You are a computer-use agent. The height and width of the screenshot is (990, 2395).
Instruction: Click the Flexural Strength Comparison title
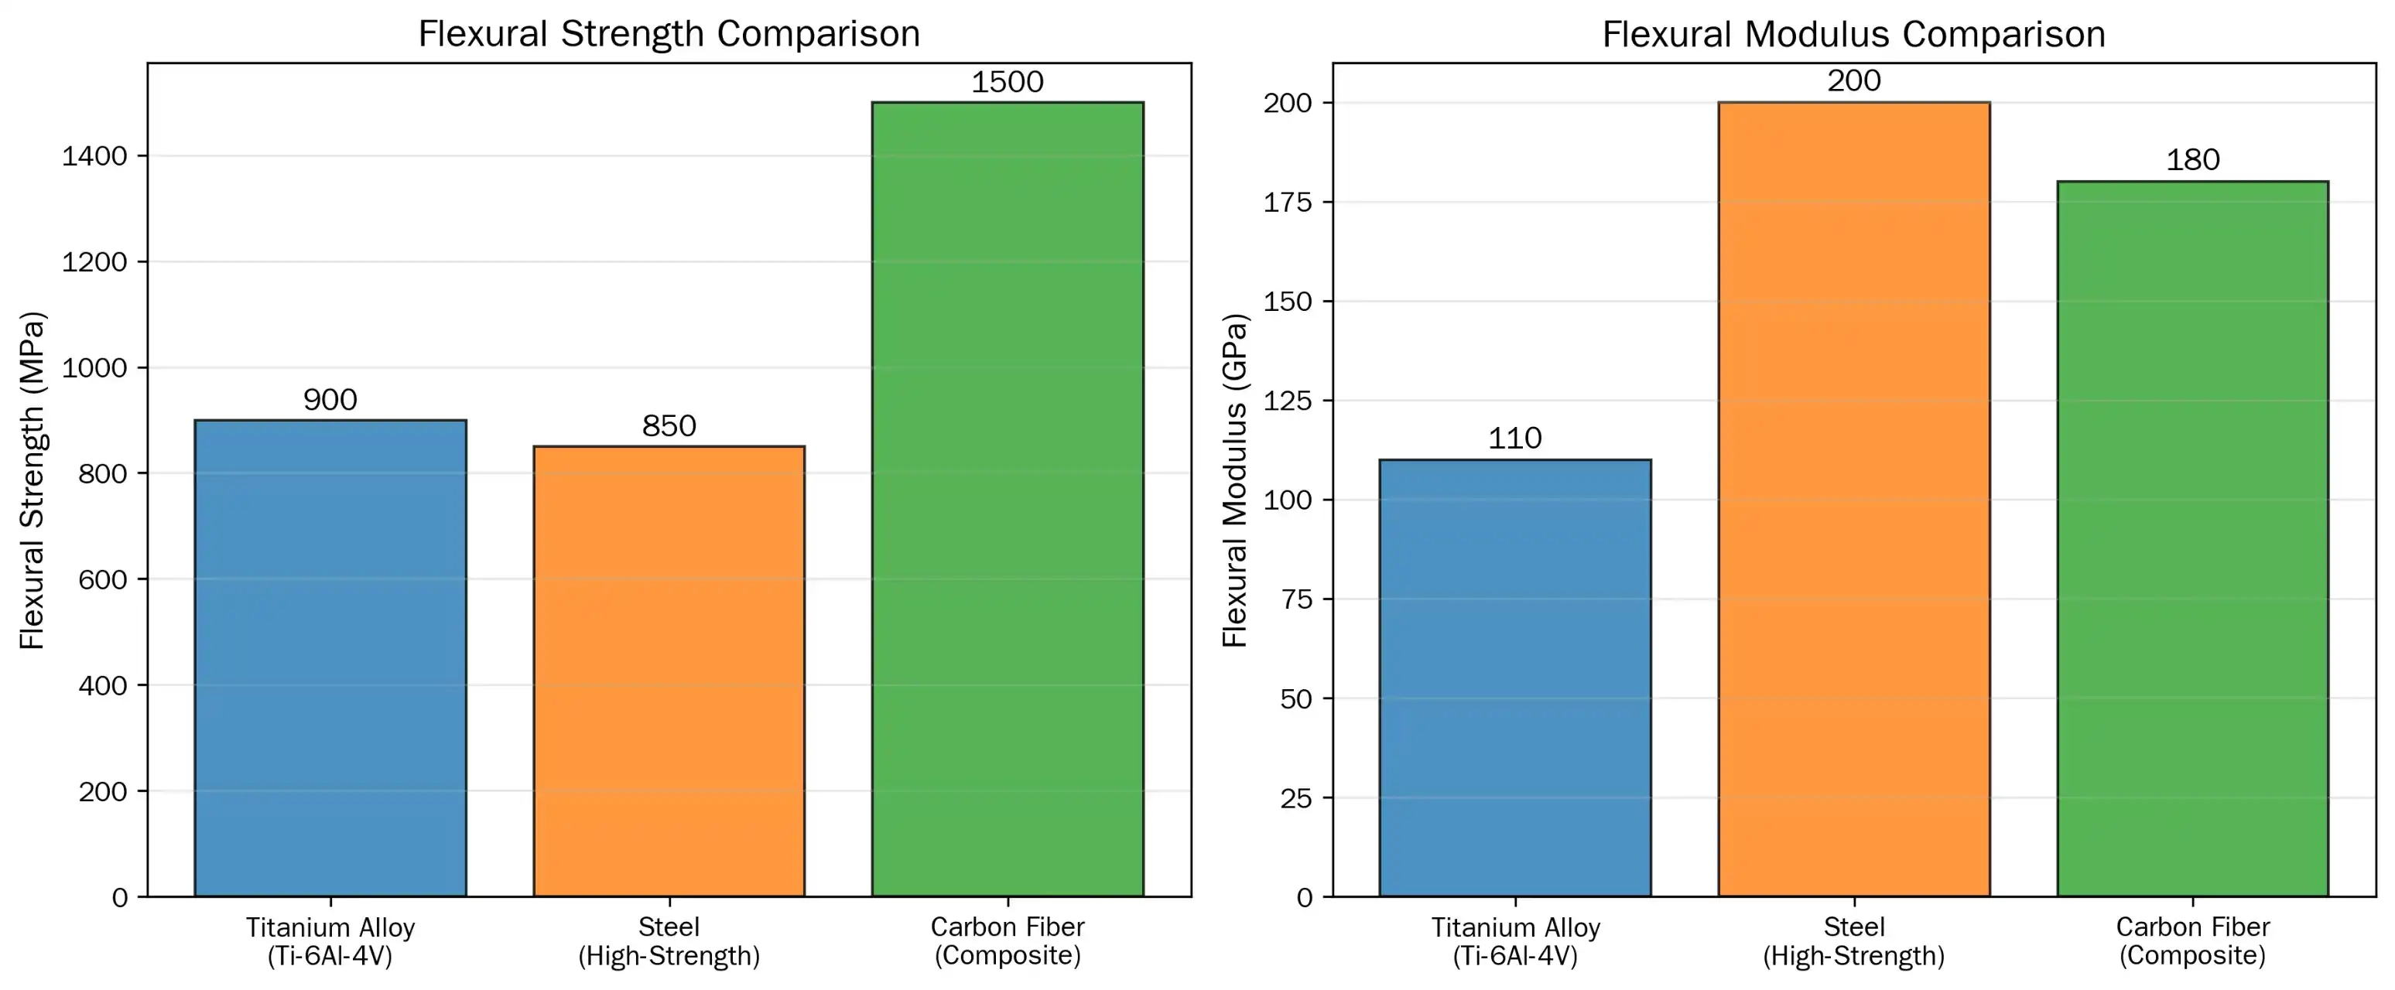click(669, 34)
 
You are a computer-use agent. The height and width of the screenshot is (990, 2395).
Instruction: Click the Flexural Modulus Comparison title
click(1853, 34)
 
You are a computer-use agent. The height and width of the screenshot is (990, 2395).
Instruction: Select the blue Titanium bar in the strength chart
click(330, 658)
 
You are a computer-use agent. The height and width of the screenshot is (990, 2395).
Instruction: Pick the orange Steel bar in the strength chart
click(669, 671)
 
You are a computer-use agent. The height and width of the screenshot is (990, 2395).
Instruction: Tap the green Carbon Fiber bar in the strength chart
click(1007, 499)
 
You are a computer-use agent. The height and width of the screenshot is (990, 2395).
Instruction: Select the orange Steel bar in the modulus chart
click(1853, 499)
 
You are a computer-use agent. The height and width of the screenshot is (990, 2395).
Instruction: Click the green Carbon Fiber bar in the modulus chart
click(2192, 539)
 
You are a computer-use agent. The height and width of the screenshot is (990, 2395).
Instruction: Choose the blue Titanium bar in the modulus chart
click(1514, 678)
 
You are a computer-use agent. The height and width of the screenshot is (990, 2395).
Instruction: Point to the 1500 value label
click(1007, 82)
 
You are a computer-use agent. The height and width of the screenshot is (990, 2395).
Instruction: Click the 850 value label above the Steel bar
click(669, 425)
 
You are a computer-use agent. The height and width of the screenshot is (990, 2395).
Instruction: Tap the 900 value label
click(330, 400)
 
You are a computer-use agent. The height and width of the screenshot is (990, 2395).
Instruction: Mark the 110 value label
click(1514, 438)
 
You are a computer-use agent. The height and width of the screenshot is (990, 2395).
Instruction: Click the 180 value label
click(2192, 160)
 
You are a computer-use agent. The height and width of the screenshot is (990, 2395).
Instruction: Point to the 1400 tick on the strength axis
click(94, 156)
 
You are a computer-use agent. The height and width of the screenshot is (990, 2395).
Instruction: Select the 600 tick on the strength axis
click(102, 580)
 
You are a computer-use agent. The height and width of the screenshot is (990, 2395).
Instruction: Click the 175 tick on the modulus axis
click(1287, 203)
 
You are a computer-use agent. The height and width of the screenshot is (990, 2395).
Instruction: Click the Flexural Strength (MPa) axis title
click(32, 480)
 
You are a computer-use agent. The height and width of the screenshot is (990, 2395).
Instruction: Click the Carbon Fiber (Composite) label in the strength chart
click(1007, 940)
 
